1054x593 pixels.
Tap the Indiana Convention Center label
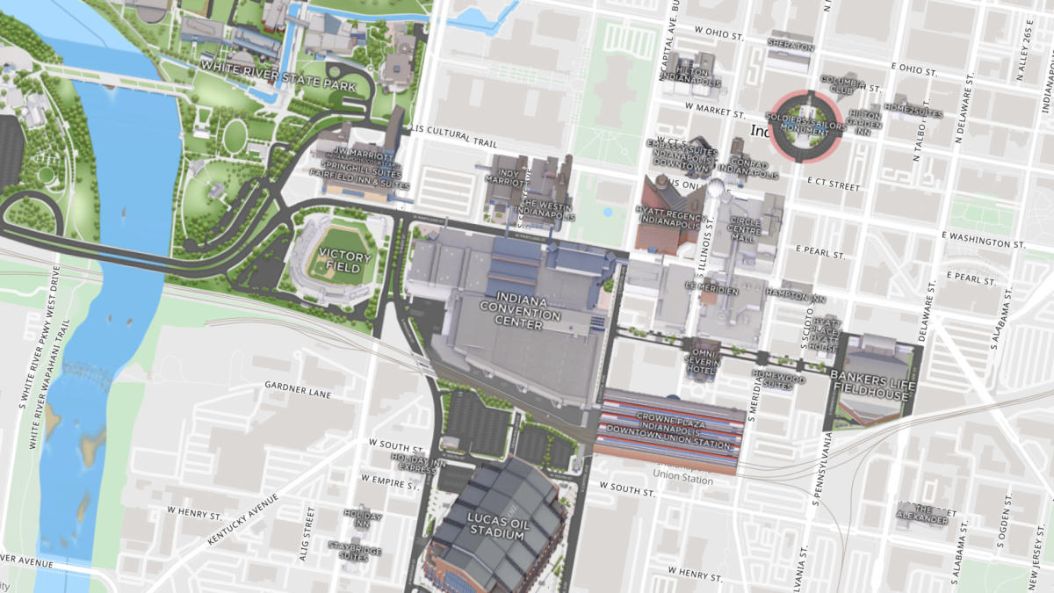522,312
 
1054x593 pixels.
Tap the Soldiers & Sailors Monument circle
805,127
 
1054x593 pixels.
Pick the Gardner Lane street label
298,389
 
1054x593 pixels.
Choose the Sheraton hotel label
790,42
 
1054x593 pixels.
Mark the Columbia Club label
842,84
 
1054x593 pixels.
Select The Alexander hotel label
923,514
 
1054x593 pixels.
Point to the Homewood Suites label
777,379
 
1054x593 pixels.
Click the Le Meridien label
703,286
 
